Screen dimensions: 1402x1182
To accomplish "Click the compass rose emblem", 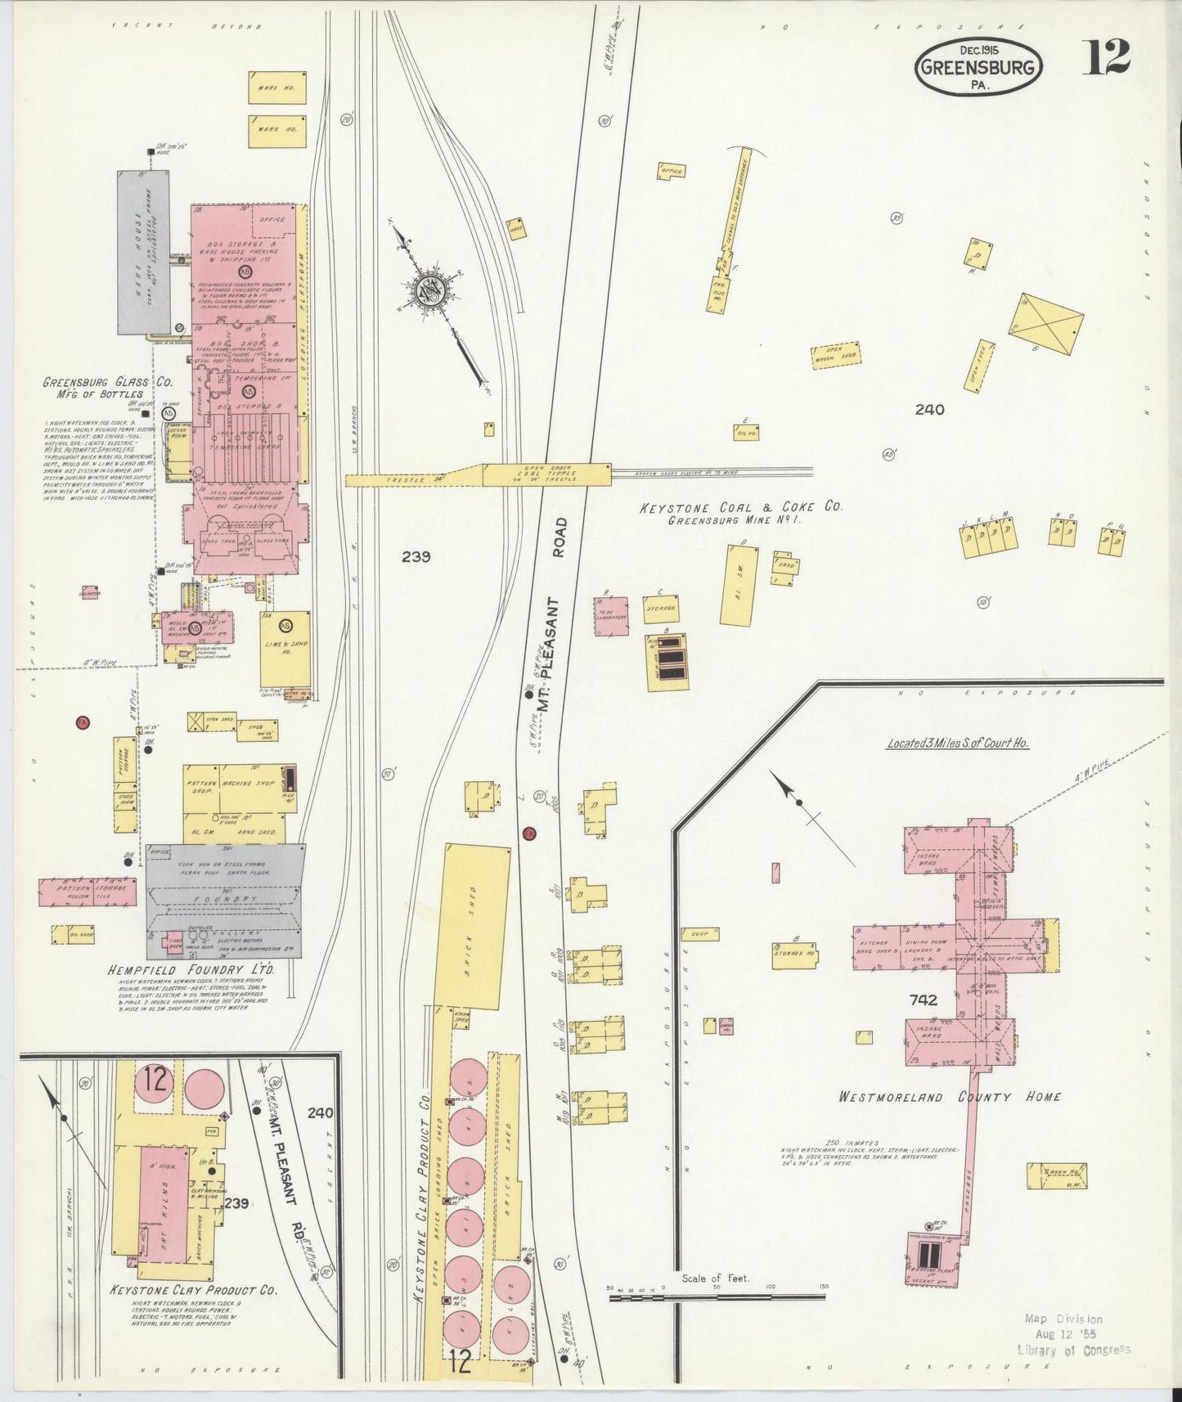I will pos(430,292).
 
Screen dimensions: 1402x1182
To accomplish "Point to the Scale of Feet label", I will pos(716,1278).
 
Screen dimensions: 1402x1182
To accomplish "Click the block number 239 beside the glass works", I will pos(416,557).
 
